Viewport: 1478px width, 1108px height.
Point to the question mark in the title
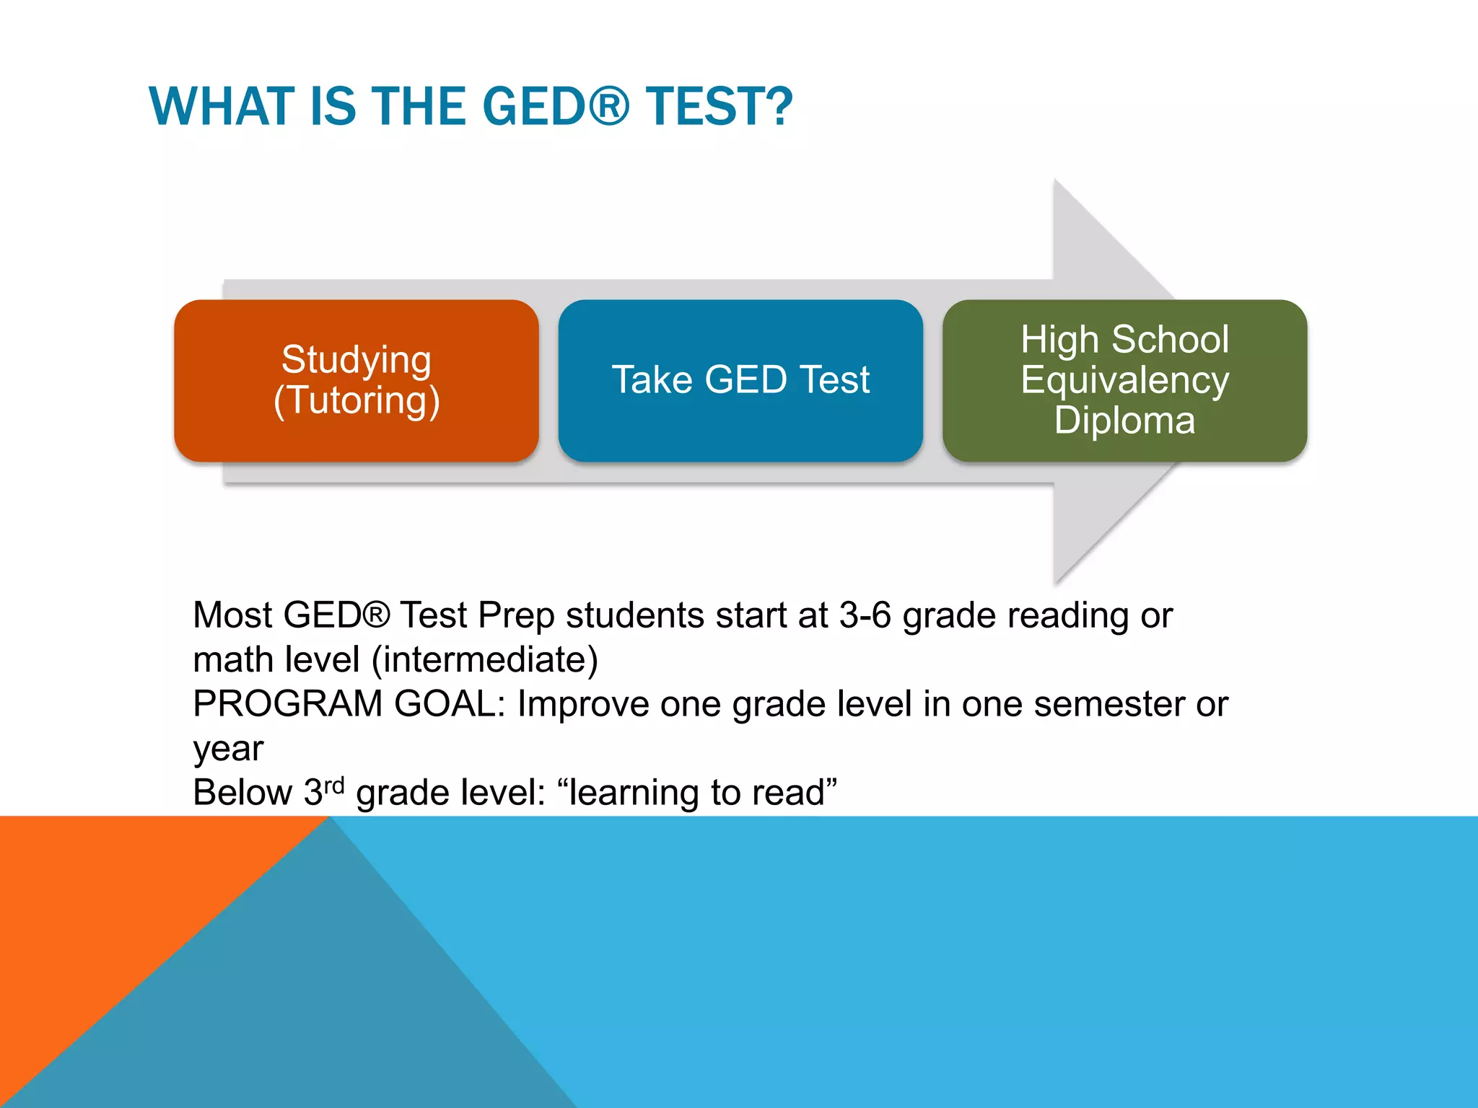tap(778, 107)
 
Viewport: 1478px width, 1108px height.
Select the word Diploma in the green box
tap(1124, 420)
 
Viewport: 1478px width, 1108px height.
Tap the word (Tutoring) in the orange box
tap(356, 401)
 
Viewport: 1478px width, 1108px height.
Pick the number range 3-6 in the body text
tap(865, 615)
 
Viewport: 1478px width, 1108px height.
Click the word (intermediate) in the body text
tap(484, 659)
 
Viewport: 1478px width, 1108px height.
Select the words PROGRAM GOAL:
tap(349, 703)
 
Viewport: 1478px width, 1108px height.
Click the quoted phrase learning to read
tap(696, 792)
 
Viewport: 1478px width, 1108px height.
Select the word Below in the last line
tap(242, 792)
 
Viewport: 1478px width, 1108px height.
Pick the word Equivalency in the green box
tap(1124, 380)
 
